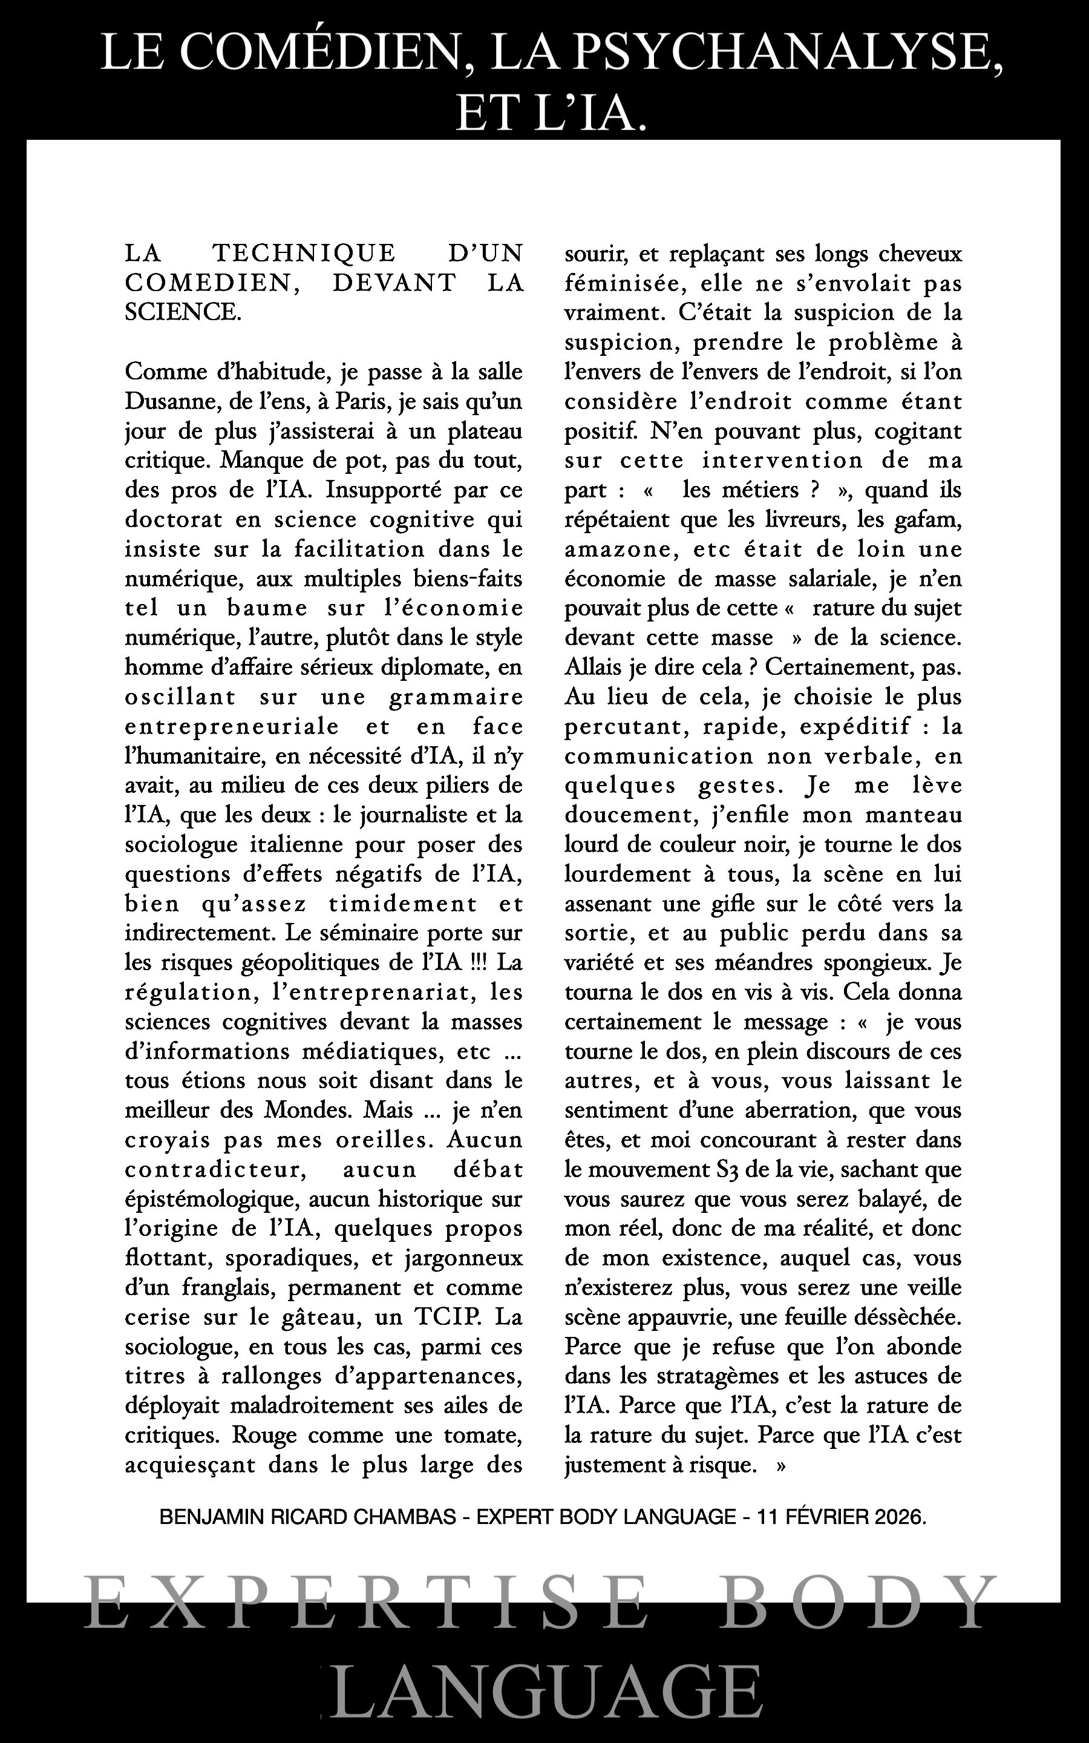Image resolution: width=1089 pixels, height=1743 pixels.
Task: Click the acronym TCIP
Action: (x=446, y=1316)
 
